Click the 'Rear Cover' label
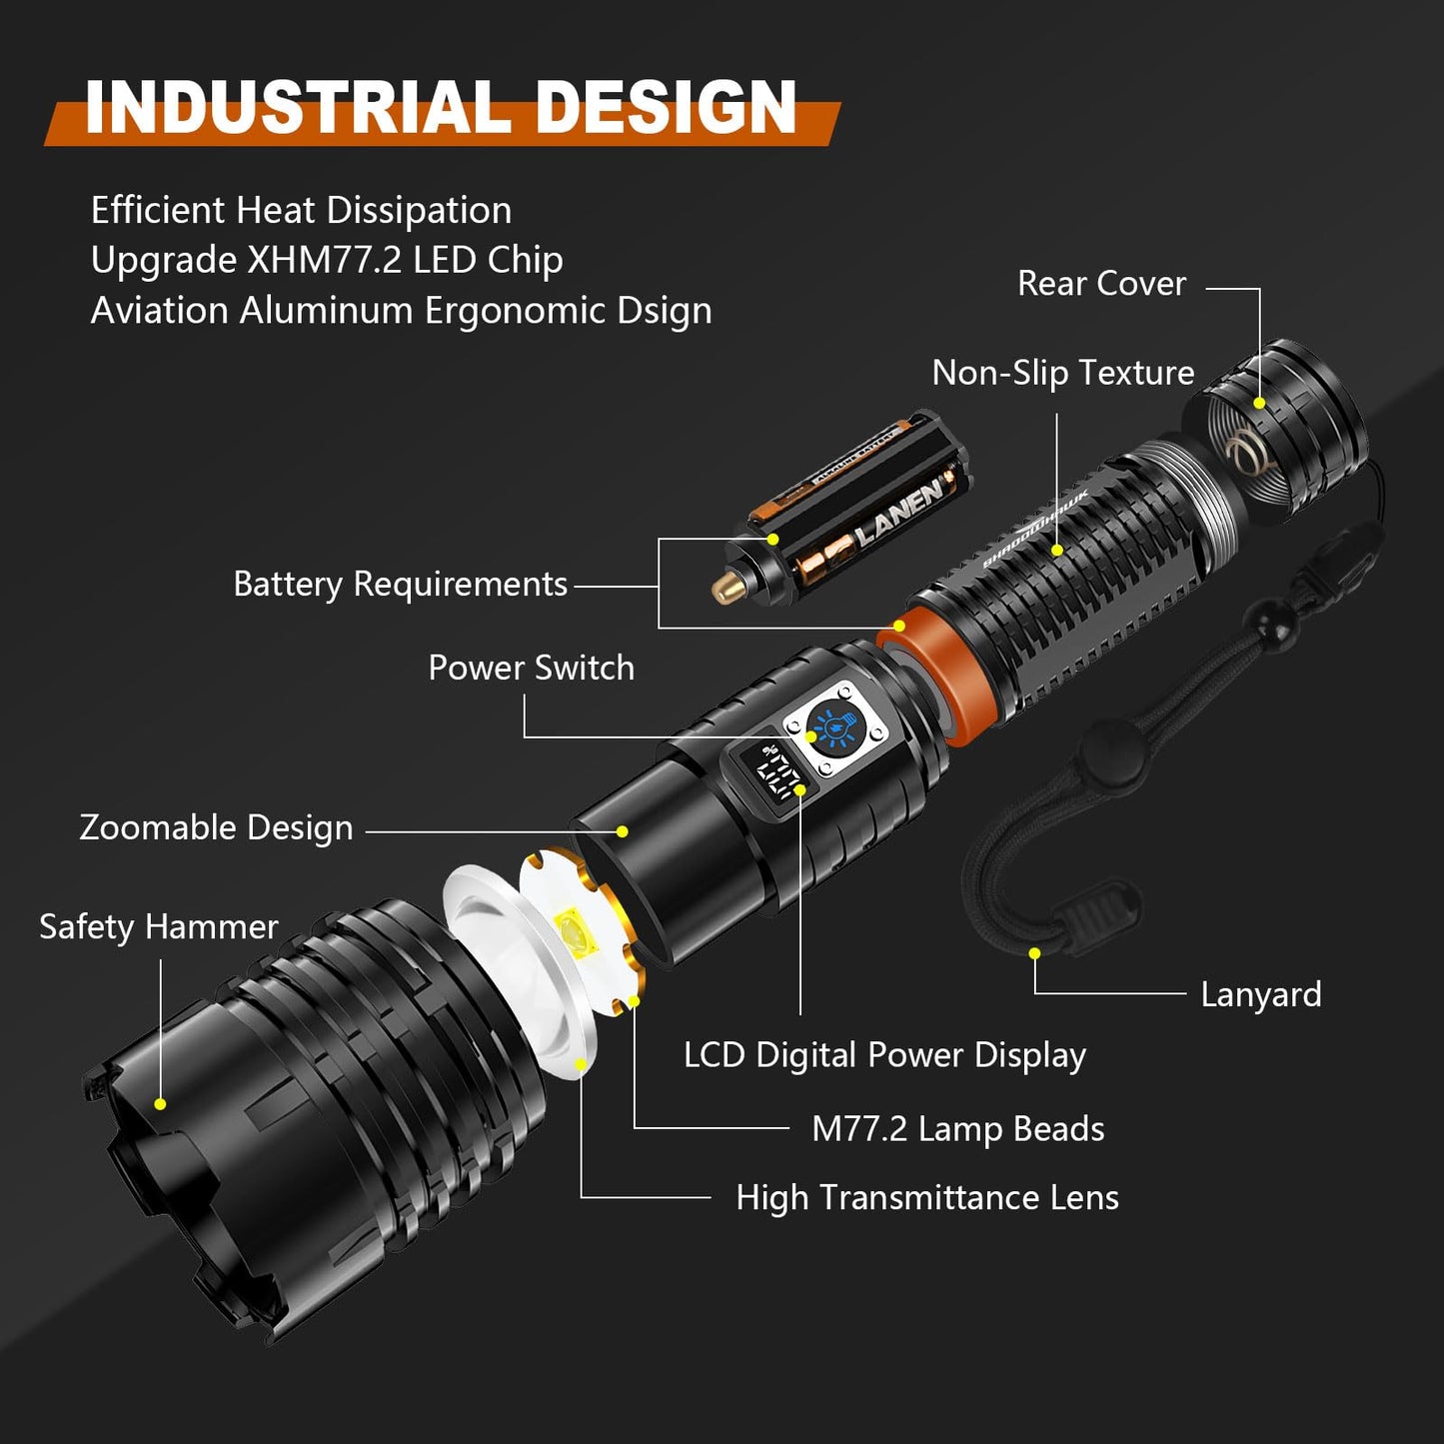coord(1101,284)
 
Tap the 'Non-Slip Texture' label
coord(1062,373)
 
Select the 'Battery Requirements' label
coord(400,584)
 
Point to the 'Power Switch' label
coord(531,668)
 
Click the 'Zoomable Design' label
coord(216,827)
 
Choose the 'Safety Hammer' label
coord(158,926)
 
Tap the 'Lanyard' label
coord(1260,994)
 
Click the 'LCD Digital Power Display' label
coord(884,1055)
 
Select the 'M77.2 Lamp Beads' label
coord(957,1129)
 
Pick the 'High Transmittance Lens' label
coord(926,1197)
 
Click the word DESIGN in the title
coord(666,108)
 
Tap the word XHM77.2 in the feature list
coord(325,260)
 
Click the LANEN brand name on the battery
coord(897,510)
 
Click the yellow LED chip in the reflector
coord(574,932)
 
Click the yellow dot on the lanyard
coord(1034,953)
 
